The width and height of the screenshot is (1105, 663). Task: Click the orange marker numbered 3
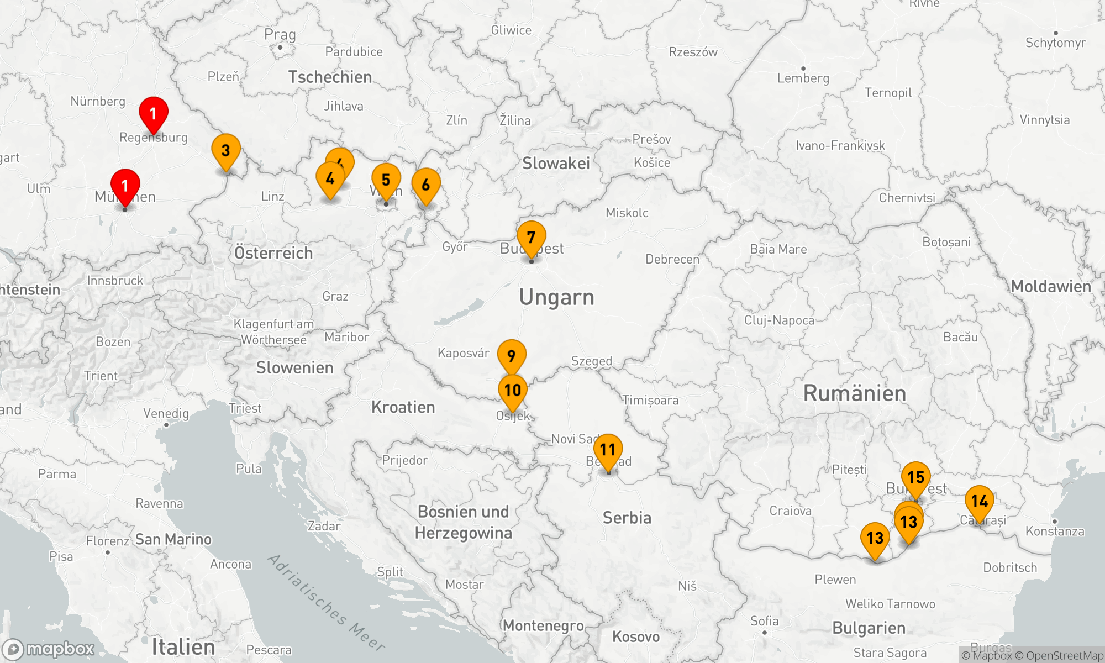[226, 151]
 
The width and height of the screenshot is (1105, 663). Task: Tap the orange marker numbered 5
[386, 180]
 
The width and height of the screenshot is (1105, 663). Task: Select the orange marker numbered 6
[426, 185]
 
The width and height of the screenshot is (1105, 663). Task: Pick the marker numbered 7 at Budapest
[532, 238]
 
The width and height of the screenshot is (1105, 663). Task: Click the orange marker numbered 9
[512, 356]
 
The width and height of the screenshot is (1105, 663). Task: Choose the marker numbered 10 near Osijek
[513, 391]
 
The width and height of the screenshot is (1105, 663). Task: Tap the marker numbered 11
[608, 450]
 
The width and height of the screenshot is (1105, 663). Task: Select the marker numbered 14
[980, 502]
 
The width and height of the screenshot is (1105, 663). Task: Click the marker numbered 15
[916, 478]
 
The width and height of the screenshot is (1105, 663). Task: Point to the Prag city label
[280, 35]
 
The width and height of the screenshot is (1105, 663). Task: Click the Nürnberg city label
[98, 101]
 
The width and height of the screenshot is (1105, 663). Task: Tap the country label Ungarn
[556, 298]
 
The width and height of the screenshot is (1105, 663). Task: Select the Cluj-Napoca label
[779, 320]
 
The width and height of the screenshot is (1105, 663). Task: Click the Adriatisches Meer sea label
[326, 602]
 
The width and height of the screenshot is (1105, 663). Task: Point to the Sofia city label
[765, 621]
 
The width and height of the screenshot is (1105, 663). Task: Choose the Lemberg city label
[803, 78]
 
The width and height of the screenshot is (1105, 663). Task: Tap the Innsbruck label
[115, 281]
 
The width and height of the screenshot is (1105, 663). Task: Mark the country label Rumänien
[855, 393]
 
